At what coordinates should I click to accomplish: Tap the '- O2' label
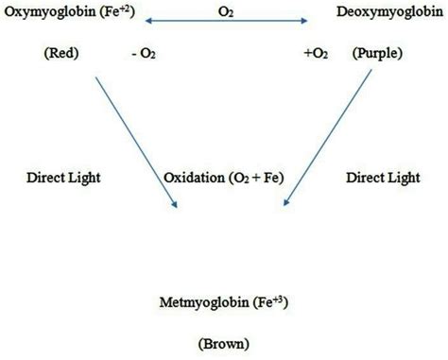(x=145, y=55)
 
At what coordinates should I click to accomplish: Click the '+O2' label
(x=316, y=55)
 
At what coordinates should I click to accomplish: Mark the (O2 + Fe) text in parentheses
(x=252, y=177)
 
